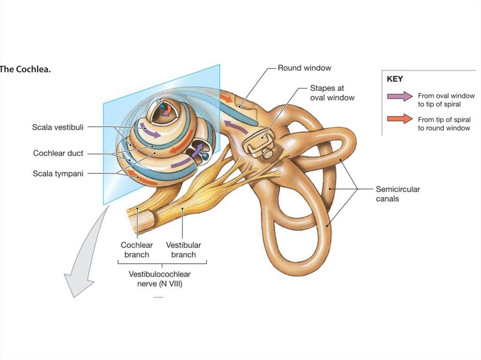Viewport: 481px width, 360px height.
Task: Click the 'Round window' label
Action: (304, 68)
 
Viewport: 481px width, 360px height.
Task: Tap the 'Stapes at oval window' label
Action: (332, 93)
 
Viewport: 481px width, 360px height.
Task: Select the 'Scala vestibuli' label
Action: (58, 127)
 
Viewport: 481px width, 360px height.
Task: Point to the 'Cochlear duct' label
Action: (58, 153)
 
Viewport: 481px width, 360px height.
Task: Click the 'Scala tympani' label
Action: (58, 174)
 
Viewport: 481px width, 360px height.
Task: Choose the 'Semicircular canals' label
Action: (397, 194)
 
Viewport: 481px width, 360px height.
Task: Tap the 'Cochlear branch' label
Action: (137, 250)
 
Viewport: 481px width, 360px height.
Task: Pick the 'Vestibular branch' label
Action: (183, 250)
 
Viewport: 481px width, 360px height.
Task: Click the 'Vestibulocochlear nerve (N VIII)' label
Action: (160, 279)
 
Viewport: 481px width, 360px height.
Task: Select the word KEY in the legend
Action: (395, 79)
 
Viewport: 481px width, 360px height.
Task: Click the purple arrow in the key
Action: (400, 96)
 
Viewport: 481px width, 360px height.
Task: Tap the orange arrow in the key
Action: (400, 119)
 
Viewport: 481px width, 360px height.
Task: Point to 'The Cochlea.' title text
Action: (25, 69)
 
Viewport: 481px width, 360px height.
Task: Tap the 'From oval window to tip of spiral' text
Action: (446, 100)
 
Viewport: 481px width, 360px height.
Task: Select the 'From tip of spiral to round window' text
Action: (444, 123)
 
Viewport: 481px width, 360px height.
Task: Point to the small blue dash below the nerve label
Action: (158, 298)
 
